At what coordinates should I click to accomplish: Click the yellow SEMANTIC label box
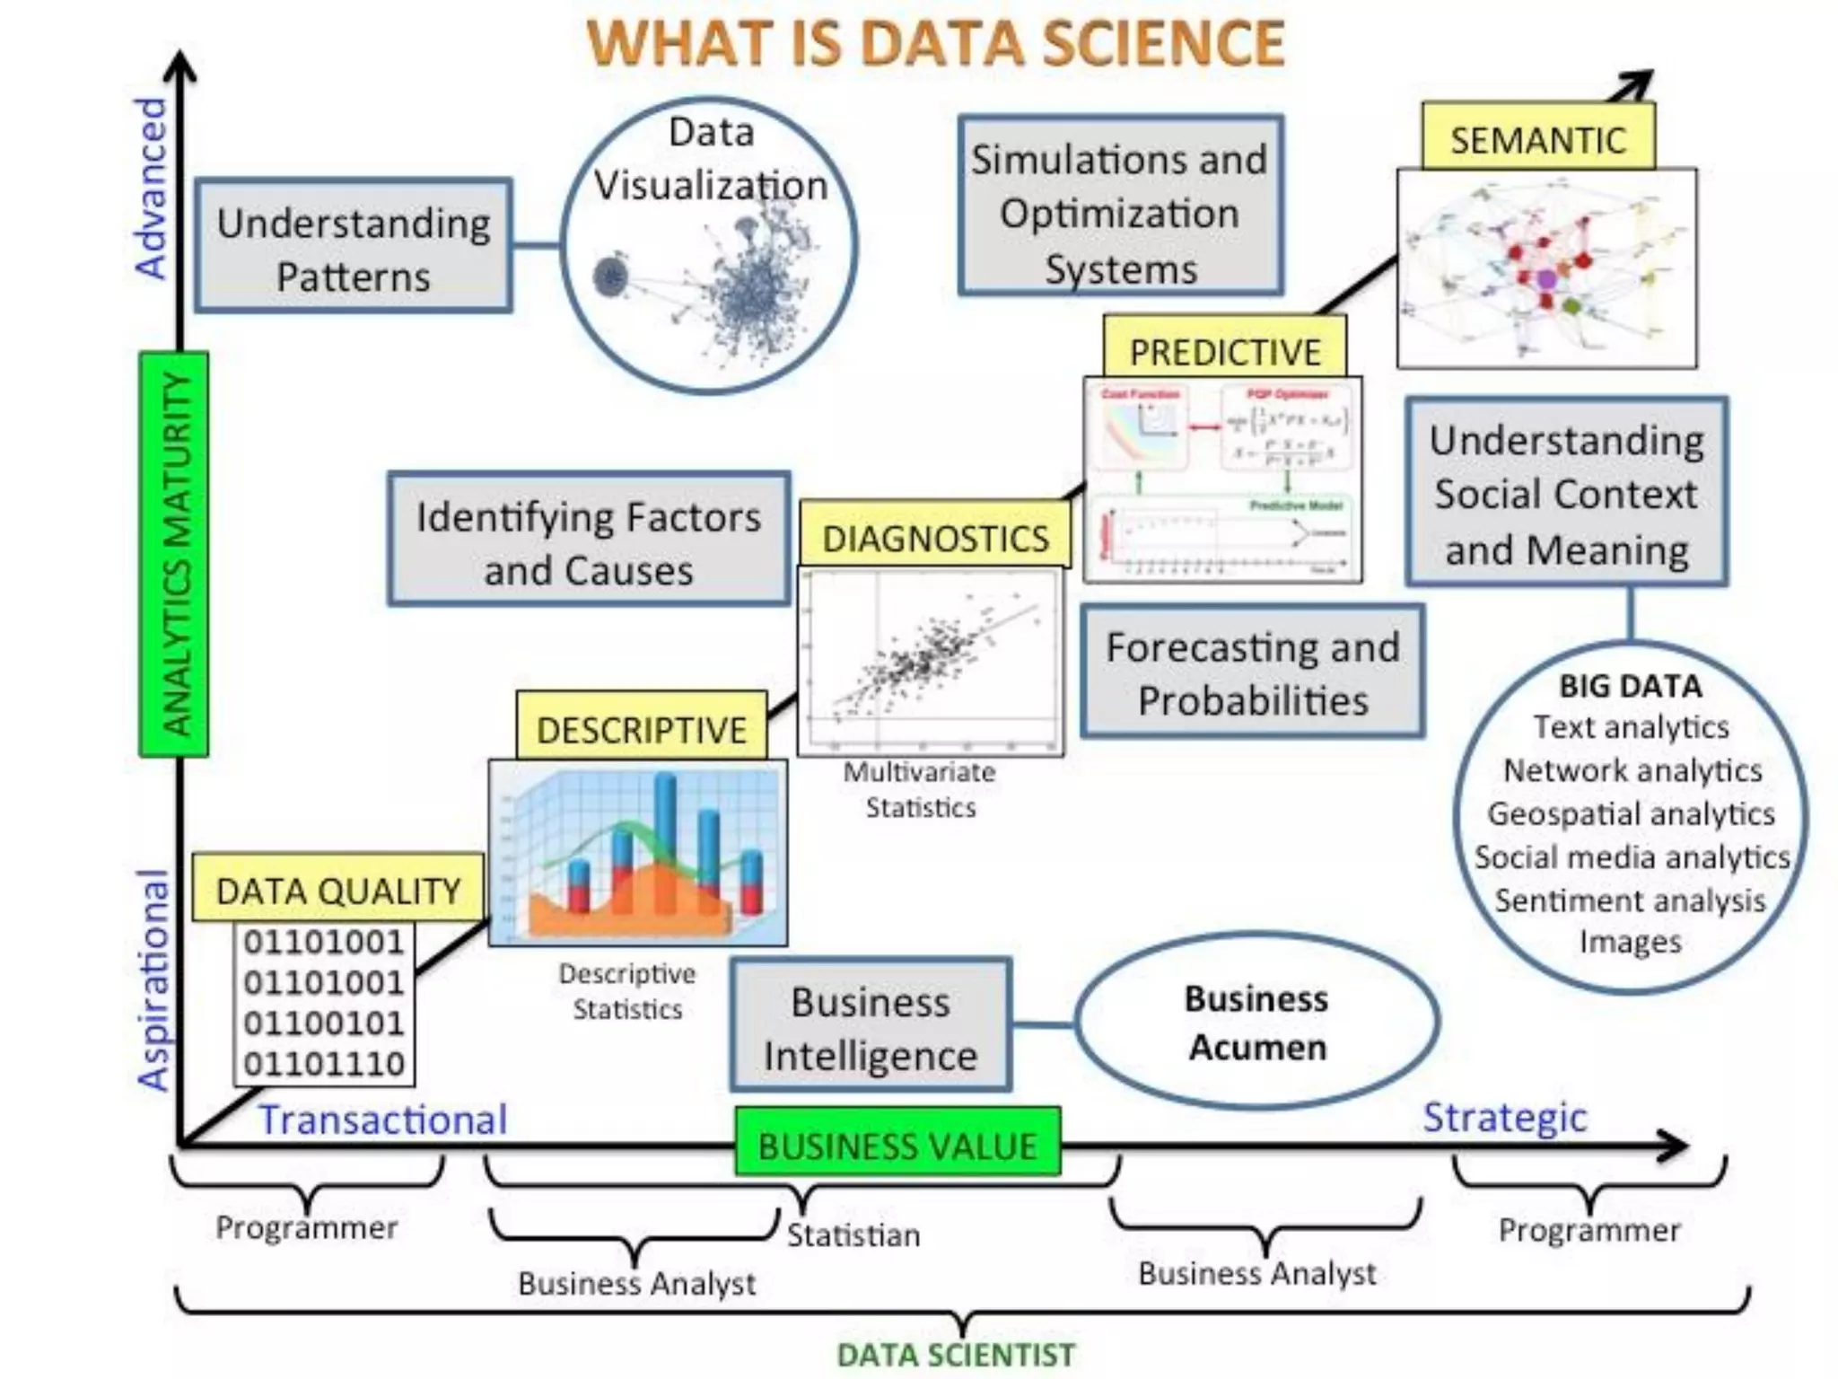(x=1537, y=138)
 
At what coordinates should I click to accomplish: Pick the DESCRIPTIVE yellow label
(x=641, y=728)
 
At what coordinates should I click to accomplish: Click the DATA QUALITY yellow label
(x=337, y=890)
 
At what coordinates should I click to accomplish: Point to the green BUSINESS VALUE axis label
(x=897, y=1145)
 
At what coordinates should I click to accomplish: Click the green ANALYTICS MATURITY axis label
(x=175, y=554)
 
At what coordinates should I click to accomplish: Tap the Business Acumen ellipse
(x=1256, y=1023)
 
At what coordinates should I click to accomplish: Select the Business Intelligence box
(x=870, y=1027)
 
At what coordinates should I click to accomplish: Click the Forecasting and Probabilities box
(x=1252, y=672)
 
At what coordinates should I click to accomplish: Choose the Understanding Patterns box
(x=353, y=248)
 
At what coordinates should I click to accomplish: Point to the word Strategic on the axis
(x=1504, y=1117)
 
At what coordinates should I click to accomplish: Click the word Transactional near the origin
(x=383, y=1120)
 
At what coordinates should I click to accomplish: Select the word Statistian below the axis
(x=853, y=1235)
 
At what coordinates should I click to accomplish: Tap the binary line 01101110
(x=324, y=1063)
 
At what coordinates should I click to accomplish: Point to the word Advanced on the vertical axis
(x=152, y=189)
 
